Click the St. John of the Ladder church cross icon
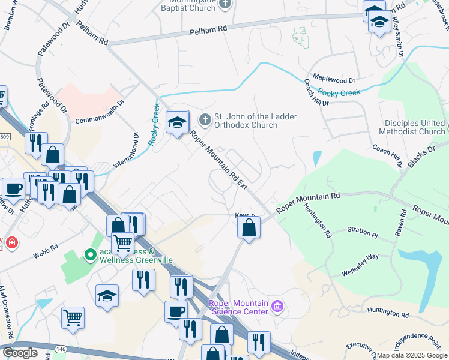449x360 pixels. point(205,119)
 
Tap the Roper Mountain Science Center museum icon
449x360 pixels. point(277,307)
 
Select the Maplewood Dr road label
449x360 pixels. point(334,79)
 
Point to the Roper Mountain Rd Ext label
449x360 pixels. point(218,160)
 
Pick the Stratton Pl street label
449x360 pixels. point(363,232)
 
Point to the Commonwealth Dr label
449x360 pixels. point(99,112)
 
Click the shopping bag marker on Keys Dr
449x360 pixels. point(248,228)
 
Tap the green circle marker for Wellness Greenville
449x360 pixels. point(91,256)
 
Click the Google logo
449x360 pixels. point(20,353)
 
